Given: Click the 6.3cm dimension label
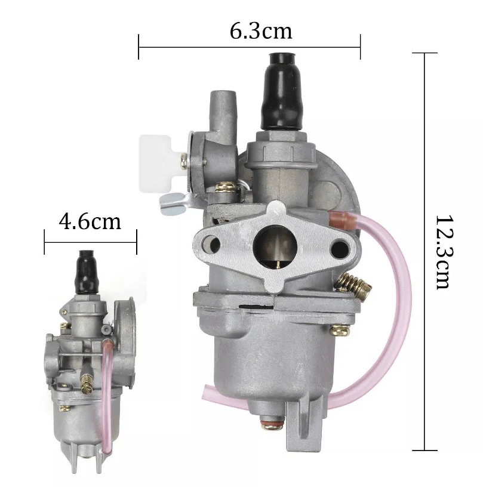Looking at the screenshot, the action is tap(261, 31).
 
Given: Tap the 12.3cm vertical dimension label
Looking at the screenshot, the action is tap(444, 252).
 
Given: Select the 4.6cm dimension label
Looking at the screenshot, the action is tap(90, 221).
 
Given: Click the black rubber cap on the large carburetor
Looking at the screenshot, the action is tap(281, 91).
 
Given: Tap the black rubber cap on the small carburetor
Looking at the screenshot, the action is tap(87, 272).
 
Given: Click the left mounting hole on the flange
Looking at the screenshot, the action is tap(211, 245).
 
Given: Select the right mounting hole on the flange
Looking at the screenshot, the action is tap(340, 249).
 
